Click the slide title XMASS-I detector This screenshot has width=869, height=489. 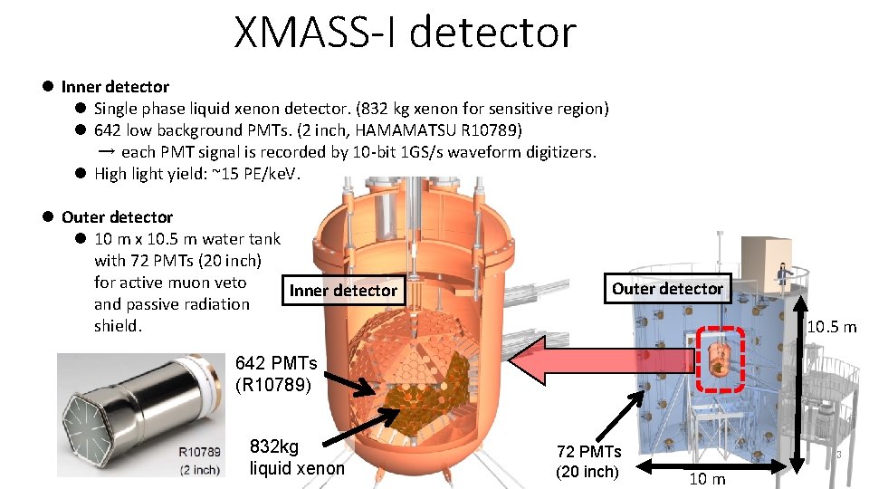[405, 33]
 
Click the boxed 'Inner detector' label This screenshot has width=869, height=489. [342, 290]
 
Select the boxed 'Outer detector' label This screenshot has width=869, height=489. [667, 288]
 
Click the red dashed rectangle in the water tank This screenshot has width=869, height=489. [721, 360]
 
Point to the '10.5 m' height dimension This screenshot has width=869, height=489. [831, 326]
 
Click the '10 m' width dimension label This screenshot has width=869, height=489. [707, 479]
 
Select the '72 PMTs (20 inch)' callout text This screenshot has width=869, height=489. [587, 461]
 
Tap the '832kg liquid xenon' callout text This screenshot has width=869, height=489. [297, 457]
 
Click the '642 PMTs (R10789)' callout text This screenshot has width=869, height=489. [276, 373]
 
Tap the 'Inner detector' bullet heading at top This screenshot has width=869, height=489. [115, 87]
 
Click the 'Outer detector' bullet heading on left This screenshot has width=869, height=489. [117, 217]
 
